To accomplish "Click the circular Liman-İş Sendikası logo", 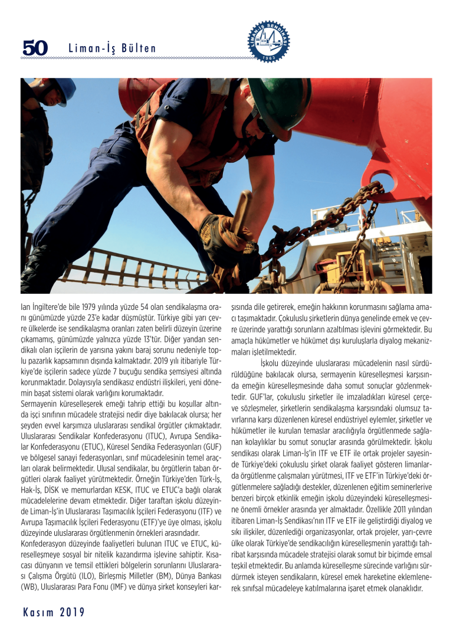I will coord(268,42).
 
